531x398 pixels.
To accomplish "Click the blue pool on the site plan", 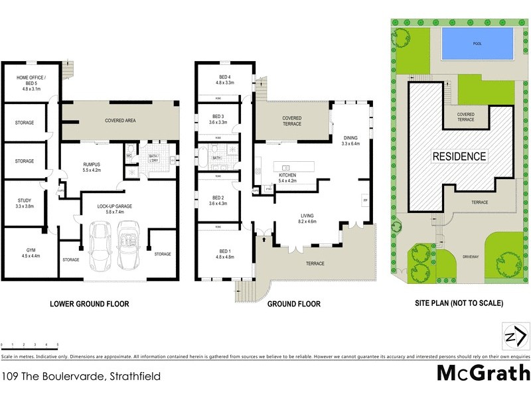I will point(477,43).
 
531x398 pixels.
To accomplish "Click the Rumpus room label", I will point(92,167).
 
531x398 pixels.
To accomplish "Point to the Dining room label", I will point(350,141).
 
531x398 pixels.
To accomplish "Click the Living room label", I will point(307,219).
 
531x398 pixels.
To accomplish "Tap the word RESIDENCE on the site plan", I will point(459,157).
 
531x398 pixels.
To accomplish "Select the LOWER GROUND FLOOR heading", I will point(89,304).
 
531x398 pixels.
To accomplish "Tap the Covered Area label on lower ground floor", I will point(120,121).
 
